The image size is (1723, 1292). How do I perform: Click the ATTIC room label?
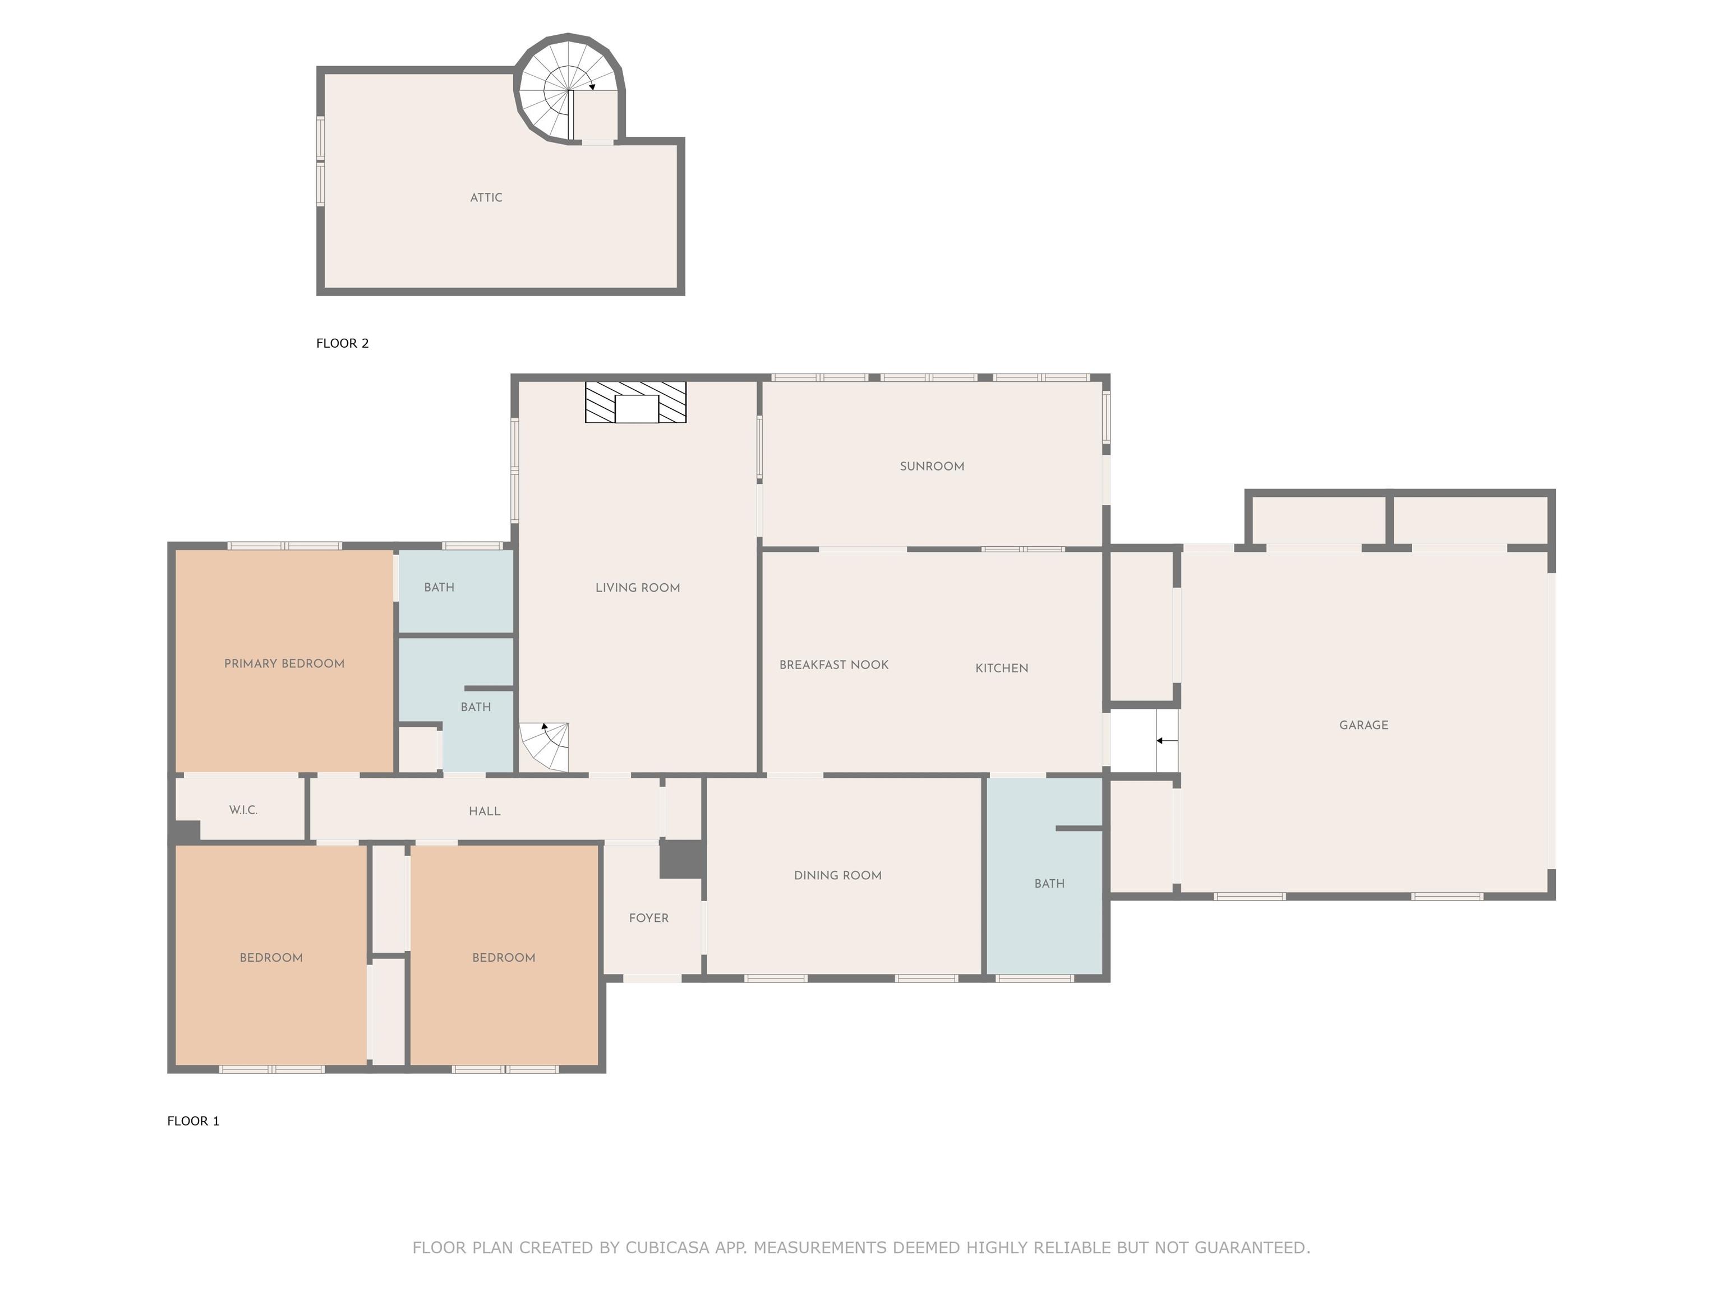point(486,198)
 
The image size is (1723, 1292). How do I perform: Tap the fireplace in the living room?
point(635,403)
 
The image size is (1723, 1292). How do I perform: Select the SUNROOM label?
point(932,467)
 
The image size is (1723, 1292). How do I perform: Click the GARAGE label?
point(1363,725)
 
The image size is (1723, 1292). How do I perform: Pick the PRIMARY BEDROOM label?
point(284,663)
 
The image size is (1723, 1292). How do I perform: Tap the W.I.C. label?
point(243,810)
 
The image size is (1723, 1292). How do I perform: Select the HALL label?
point(485,811)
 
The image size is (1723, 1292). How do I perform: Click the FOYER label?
point(649,918)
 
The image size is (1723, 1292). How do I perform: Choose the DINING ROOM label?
point(837,875)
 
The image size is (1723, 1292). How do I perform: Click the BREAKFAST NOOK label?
point(833,665)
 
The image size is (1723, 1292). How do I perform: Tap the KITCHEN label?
point(1002,668)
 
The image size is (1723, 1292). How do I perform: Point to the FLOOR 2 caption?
point(342,343)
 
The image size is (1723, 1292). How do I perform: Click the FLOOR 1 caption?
point(193,1122)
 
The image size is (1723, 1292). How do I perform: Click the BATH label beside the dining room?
point(1049,884)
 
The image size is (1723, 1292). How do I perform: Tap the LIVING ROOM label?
point(637,588)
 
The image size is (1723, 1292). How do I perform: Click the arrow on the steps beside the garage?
point(1167,741)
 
